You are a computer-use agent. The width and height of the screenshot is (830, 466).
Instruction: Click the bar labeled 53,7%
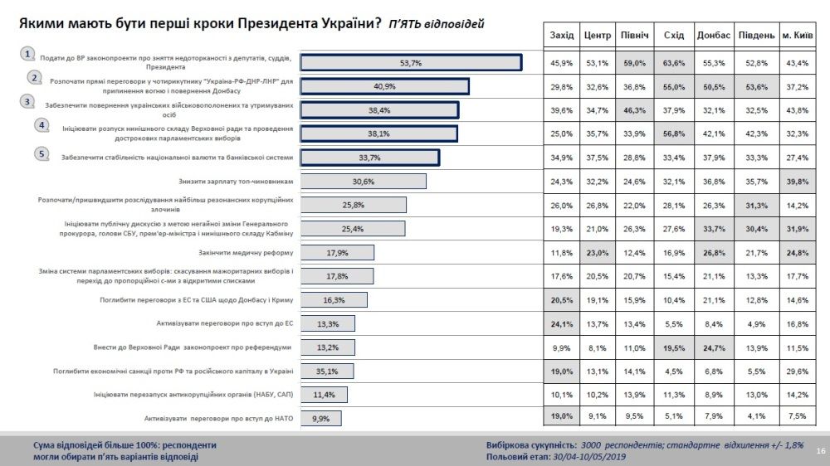(x=411, y=63)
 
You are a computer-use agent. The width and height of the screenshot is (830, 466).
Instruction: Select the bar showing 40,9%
(x=384, y=87)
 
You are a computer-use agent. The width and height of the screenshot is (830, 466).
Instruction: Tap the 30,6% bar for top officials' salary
(x=363, y=182)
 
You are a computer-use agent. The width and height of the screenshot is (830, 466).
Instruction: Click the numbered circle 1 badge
(x=27, y=54)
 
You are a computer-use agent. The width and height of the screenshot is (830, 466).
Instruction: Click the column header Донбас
(x=713, y=35)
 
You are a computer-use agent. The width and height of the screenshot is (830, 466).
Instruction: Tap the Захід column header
(x=562, y=35)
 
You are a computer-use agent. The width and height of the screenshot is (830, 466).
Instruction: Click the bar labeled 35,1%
(x=327, y=371)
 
